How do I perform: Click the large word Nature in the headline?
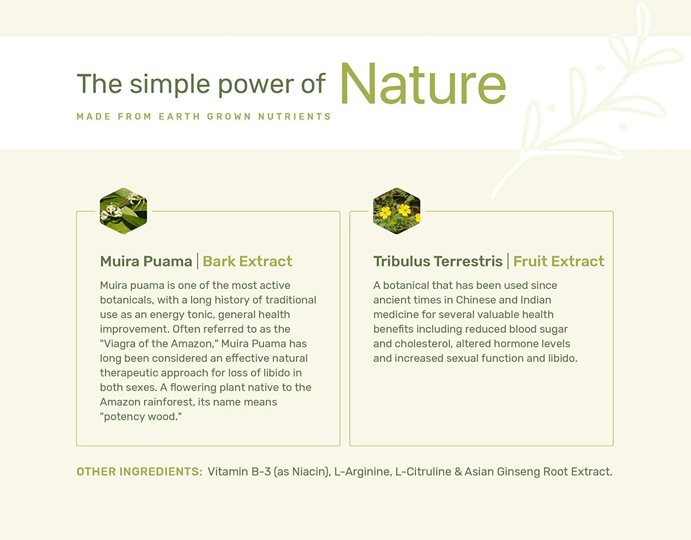[423, 84]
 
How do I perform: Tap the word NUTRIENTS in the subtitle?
[295, 117]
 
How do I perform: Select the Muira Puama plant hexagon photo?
[123, 211]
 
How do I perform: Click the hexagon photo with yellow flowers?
[397, 211]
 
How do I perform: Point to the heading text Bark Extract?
[247, 261]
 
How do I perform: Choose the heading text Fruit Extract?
[559, 261]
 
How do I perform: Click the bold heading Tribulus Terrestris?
[438, 261]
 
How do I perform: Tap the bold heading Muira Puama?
[146, 261]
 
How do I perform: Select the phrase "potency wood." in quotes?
[141, 417]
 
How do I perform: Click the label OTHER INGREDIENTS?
[139, 472]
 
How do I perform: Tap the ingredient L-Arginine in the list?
[363, 472]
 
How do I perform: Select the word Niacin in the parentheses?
[310, 472]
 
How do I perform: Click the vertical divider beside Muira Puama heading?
[198, 261]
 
